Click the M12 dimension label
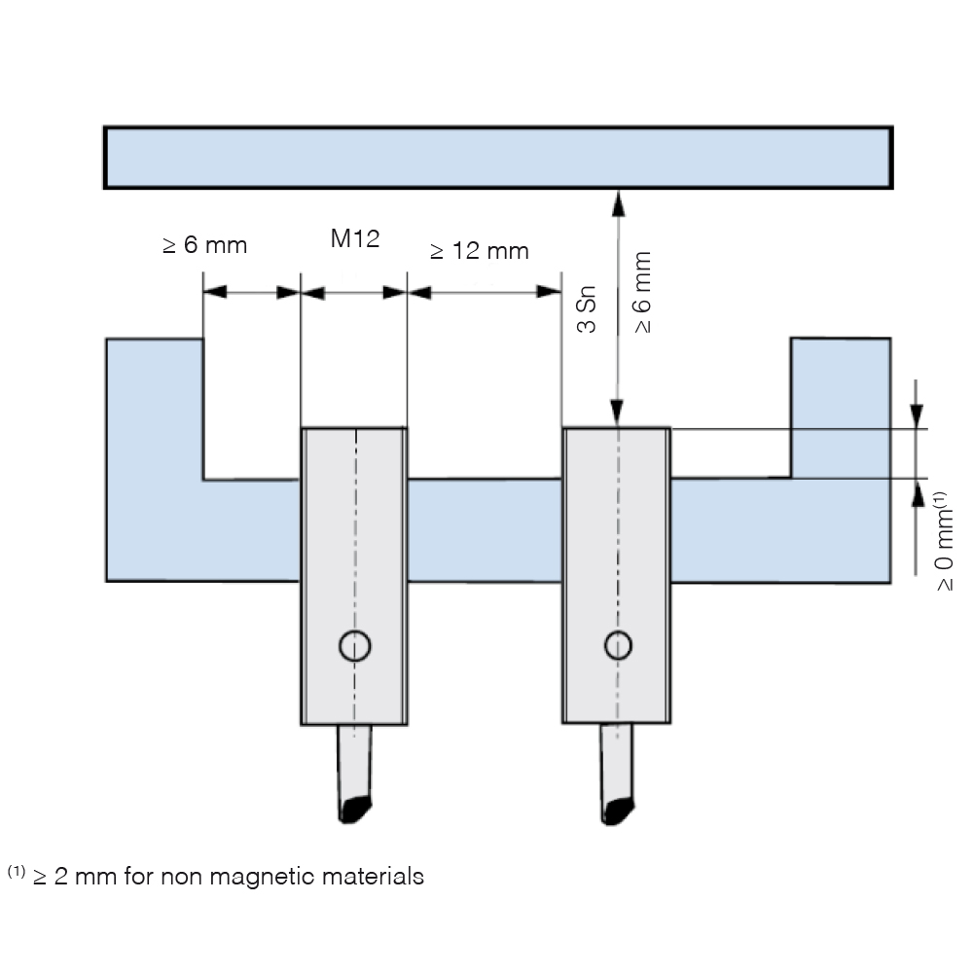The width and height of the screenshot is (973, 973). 355,238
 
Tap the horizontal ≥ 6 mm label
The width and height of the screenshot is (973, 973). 204,245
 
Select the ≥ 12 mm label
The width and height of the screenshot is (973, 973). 479,251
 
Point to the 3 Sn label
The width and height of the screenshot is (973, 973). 587,309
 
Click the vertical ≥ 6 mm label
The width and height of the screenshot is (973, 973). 643,292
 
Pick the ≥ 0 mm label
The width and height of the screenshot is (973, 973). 943,541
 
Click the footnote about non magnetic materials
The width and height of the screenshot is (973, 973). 215,876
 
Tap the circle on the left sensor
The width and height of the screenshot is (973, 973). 355,645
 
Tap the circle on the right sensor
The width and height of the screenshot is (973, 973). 618,645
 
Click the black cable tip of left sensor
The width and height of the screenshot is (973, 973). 355,810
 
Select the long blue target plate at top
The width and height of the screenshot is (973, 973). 498,158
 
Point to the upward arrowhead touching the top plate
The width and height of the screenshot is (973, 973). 618,203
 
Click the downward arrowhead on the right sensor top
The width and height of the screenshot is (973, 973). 617,414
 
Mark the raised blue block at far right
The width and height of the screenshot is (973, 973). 841,408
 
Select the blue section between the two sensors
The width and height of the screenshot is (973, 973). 485,530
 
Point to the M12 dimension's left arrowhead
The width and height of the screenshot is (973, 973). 312,293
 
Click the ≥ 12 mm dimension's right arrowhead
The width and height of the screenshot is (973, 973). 549,292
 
